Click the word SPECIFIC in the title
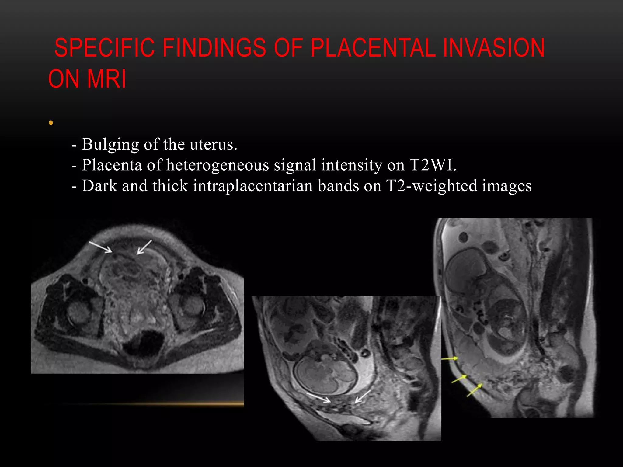[x=104, y=48]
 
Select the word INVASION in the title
[x=493, y=48]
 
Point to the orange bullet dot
[x=51, y=123]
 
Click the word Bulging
[x=110, y=144]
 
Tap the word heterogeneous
[x=218, y=165]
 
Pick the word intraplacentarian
[x=252, y=186]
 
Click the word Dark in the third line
[x=99, y=186]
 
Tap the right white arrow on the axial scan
[x=144, y=247]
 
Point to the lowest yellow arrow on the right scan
[x=474, y=390]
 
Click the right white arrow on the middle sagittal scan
[x=363, y=396]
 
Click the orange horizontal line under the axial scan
[x=152, y=404]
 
